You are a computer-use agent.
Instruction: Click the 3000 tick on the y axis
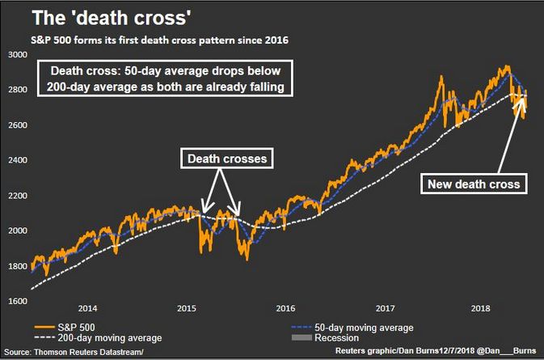click(16, 55)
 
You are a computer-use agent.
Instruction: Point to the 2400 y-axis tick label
click(16, 160)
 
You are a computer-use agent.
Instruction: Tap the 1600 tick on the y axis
click(16, 300)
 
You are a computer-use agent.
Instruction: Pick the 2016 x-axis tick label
click(285, 309)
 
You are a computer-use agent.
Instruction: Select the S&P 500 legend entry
click(65, 328)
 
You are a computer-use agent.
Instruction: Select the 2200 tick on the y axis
click(16, 195)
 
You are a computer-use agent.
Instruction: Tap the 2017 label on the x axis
click(384, 309)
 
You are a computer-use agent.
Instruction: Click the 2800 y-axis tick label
click(16, 90)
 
